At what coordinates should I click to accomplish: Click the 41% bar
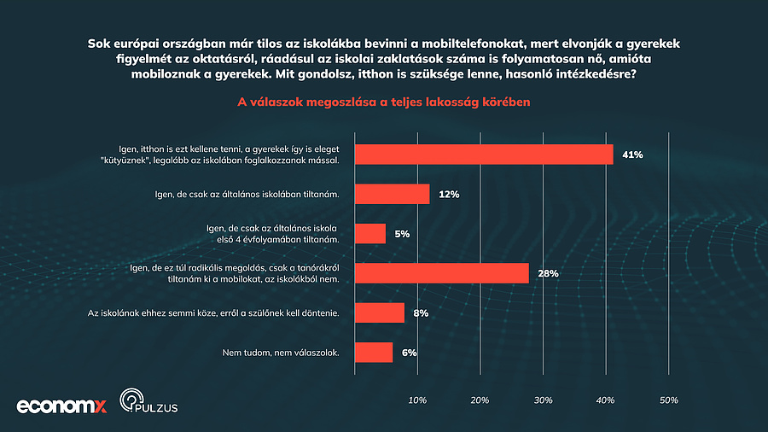click(x=483, y=155)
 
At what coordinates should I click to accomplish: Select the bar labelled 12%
click(x=392, y=194)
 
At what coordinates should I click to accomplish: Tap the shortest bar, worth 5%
click(x=369, y=234)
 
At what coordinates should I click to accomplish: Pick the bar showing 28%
click(x=441, y=273)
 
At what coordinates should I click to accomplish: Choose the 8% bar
click(x=379, y=313)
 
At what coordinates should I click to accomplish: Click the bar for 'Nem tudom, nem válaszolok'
click(x=373, y=353)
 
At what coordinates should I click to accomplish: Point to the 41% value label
click(x=632, y=155)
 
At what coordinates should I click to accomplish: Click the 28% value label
click(x=548, y=274)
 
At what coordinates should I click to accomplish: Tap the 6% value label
click(x=410, y=353)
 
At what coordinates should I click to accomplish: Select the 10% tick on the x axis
click(x=417, y=400)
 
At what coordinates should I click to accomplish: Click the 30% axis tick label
click(x=543, y=400)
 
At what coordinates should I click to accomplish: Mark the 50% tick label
click(x=668, y=400)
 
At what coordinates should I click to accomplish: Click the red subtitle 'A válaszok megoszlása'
click(x=384, y=102)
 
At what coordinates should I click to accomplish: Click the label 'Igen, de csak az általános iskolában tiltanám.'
click(x=242, y=194)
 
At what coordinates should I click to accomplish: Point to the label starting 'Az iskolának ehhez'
click(x=213, y=313)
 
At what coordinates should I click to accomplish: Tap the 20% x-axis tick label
click(x=480, y=400)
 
